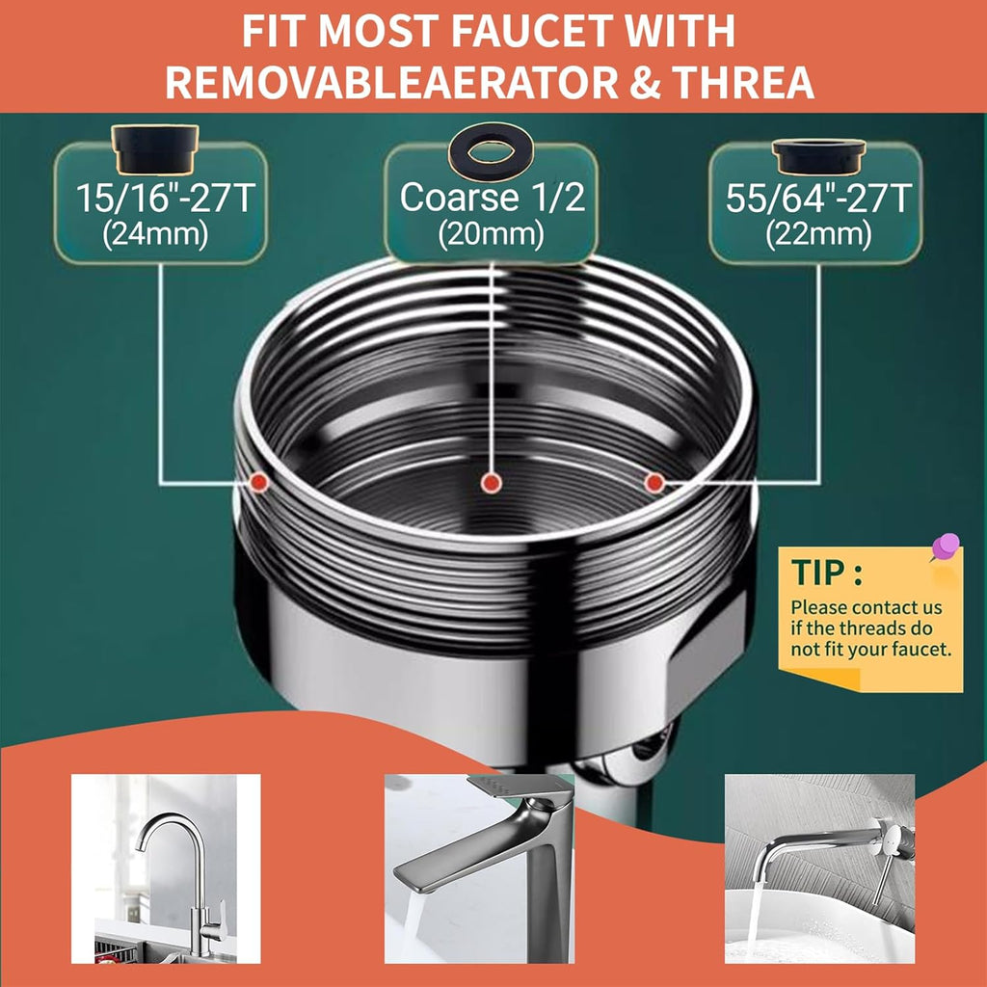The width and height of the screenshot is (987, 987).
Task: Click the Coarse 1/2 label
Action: tap(492, 198)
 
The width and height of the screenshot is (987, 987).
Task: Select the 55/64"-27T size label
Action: tap(818, 200)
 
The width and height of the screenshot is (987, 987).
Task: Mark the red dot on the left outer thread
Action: tap(257, 481)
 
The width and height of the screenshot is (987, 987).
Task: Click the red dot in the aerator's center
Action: tap(492, 481)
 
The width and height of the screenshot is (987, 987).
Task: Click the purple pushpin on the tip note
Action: tap(945, 547)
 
